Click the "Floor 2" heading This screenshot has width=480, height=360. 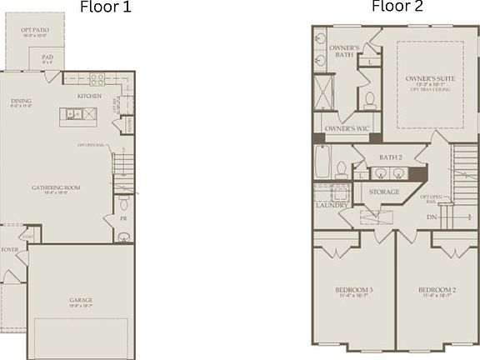pos(397,7)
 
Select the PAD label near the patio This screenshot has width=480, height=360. pos(47,57)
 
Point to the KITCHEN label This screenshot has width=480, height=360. pos(89,96)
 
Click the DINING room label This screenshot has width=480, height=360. pos(22,102)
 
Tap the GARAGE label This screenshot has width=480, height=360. pos(81,300)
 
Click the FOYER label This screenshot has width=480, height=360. pos(9,249)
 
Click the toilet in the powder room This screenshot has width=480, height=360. pos(124,202)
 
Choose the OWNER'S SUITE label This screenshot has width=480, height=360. pos(426,80)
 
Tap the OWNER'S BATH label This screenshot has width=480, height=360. pos(342,53)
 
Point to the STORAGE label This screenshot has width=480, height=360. pos(384,192)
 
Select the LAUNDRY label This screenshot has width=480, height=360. pos(330,204)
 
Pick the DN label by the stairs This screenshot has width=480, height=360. pos(431,217)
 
